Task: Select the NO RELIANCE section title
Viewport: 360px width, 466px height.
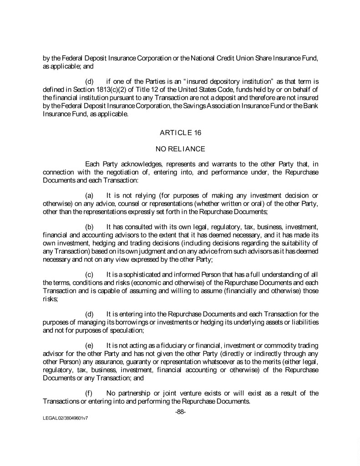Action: coord(180,149)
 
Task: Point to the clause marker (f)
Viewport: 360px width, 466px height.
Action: coord(90,393)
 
